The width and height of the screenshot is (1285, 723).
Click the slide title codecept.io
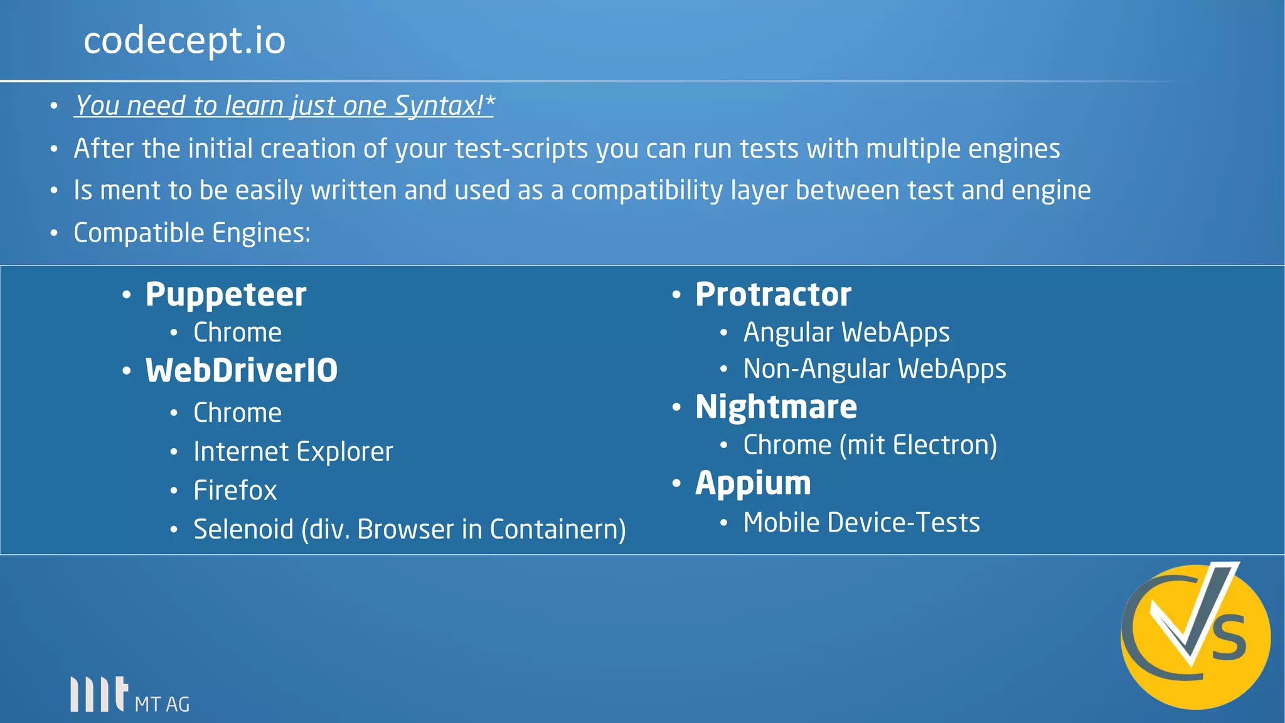click(184, 41)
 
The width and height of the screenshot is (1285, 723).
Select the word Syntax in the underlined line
click(438, 105)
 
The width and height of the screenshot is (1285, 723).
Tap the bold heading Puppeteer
click(226, 294)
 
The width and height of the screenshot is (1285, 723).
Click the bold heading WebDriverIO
click(242, 370)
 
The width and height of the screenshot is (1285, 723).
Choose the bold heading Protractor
click(773, 294)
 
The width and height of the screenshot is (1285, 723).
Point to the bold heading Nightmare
click(776, 407)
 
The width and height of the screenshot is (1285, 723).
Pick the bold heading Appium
click(753, 483)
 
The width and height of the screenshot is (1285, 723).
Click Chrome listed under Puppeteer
click(237, 333)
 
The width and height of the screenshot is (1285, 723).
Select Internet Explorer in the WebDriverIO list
click(293, 452)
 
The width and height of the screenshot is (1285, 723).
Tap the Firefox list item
click(235, 491)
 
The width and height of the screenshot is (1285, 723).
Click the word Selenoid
click(243, 530)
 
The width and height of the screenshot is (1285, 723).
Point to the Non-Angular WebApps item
click(875, 369)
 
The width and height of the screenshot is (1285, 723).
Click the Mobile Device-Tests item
click(861, 523)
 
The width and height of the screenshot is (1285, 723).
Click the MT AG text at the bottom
click(162, 704)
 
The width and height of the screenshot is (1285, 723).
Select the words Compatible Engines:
click(192, 233)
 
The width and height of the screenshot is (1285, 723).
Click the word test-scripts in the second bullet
click(521, 149)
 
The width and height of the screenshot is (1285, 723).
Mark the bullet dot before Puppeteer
click(127, 295)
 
